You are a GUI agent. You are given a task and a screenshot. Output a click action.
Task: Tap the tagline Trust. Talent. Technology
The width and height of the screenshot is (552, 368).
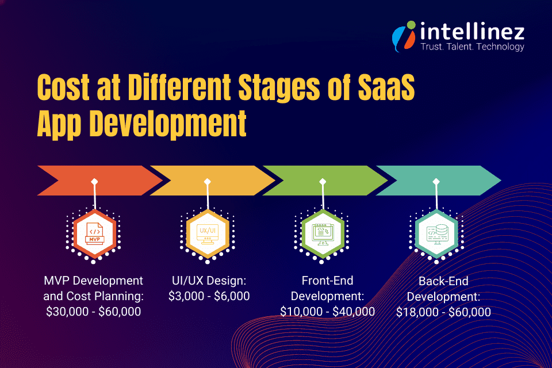472,47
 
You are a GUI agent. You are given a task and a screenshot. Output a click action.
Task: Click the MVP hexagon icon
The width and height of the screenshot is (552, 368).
94,233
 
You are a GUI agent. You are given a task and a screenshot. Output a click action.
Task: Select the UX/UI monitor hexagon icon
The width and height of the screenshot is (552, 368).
208,233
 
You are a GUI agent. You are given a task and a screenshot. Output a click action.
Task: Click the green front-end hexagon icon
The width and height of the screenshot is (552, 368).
322,233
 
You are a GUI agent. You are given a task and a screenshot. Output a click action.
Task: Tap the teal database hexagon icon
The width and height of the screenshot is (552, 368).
436,233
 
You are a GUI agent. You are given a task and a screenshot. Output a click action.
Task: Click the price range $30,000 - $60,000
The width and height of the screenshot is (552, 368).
94,311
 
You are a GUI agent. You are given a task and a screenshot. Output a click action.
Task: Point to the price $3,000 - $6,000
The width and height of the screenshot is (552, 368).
209,296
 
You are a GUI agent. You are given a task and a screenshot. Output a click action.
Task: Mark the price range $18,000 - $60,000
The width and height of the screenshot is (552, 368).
443,312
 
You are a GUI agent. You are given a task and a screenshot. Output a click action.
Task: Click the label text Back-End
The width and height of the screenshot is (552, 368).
443,282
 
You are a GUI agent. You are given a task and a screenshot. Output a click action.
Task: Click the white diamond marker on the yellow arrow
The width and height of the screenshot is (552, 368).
208,182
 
